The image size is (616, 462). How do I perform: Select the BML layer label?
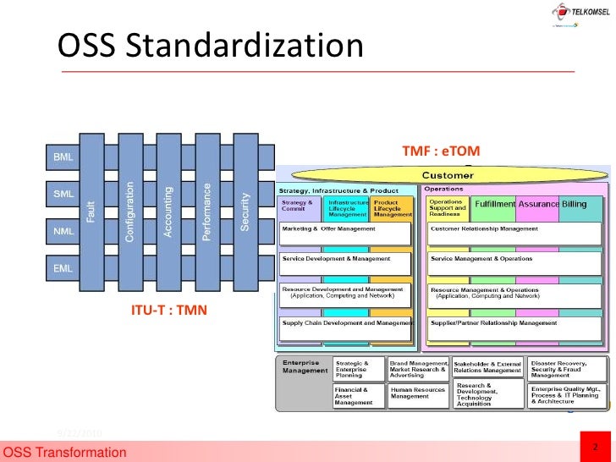63,157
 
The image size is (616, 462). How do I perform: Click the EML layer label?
63,267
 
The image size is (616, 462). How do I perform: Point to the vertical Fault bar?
91,212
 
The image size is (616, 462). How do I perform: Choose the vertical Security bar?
245,212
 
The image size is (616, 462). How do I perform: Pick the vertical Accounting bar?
168,212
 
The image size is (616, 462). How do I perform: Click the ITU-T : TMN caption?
168,311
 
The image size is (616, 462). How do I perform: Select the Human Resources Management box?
418,393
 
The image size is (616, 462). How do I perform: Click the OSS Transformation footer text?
65,454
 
